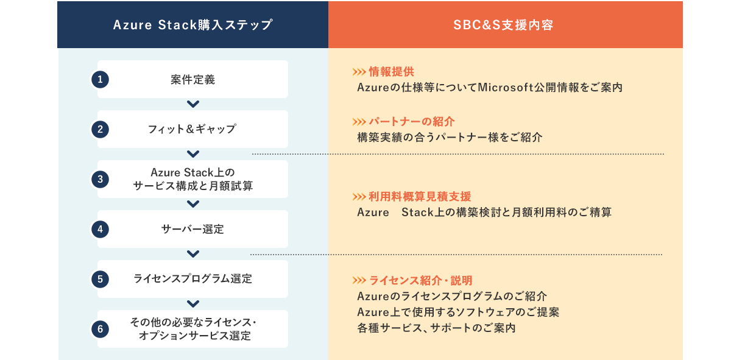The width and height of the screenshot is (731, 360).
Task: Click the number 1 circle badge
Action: click(100, 79)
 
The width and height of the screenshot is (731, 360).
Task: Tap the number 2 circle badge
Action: click(100, 129)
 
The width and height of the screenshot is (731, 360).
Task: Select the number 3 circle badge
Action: click(100, 179)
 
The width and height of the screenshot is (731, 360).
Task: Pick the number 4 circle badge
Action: click(100, 229)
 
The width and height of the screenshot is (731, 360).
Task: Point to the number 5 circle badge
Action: click(100, 279)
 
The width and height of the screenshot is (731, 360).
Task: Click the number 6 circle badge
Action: click(100, 329)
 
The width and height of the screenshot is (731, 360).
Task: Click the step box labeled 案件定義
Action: click(192, 79)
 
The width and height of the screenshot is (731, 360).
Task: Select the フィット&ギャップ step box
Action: click(192, 129)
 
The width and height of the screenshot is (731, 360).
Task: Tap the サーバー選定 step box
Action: click(192, 229)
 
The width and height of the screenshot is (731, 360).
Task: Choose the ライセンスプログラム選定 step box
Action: click(192, 279)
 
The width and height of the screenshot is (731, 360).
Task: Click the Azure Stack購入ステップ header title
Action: click(192, 25)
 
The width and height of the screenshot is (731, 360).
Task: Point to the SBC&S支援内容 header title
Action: click(503, 25)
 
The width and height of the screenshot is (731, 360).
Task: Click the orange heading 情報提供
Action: click(391, 72)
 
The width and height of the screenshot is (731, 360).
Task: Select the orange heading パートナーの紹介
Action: click(412, 122)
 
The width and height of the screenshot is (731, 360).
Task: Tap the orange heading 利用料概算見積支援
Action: click(420, 197)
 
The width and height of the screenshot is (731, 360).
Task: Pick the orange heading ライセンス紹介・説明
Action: click(421, 280)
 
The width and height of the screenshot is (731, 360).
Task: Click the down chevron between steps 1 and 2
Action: click(193, 104)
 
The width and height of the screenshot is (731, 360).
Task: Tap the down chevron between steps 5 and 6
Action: click(193, 304)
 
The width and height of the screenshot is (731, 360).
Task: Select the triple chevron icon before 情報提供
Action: click(359, 72)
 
